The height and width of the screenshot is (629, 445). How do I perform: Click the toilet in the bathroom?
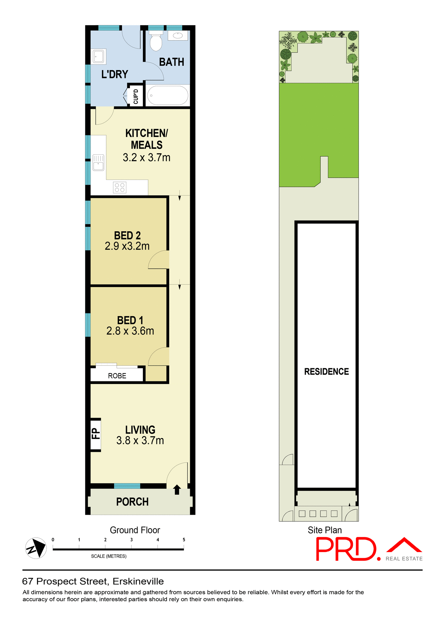click(156, 42)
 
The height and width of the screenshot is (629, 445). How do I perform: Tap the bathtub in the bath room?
click(168, 95)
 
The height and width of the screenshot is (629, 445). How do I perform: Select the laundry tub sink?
click(99, 56)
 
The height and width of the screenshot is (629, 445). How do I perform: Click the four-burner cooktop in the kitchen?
click(120, 187)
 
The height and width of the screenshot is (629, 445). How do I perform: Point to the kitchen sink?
click(98, 162)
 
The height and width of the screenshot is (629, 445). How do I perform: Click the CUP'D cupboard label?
click(136, 96)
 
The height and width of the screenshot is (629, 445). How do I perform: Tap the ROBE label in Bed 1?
click(117, 376)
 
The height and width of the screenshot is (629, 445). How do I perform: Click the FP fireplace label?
click(95, 434)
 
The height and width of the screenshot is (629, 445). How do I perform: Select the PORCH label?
click(132, 502)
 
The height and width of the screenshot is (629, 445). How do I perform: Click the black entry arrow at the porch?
click(177, 489)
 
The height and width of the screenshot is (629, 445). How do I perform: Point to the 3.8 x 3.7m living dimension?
click(140, 441)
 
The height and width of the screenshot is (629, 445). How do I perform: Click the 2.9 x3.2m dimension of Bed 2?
click(127, 246)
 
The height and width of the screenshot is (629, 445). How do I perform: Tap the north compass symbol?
click(36, 548)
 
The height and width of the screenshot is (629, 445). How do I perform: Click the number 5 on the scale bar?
click(184, 540)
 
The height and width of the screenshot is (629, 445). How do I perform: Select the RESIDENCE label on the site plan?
click(326, 372)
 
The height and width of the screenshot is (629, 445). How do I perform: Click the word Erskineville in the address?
click(138, 581)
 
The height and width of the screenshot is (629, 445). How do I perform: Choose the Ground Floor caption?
click(135, 530)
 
